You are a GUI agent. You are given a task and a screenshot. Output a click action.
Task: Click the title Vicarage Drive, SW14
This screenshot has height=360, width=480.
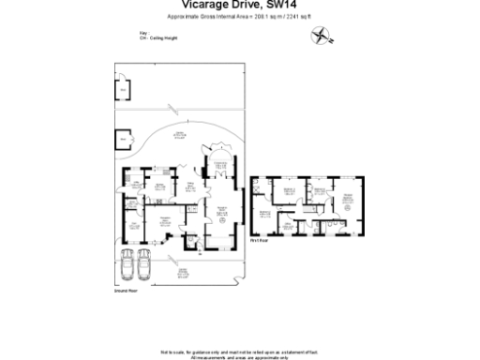pyautogui.click(x=239, y=7)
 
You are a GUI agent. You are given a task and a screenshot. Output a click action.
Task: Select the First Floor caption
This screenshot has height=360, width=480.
pyautogui.click(x=261, y=240)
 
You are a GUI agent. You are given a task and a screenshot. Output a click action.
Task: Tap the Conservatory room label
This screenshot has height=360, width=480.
pyautogui.click(x=222, y=166)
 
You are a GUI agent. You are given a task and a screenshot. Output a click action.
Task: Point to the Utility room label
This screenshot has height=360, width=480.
pyautogui.click(x=135, y=184)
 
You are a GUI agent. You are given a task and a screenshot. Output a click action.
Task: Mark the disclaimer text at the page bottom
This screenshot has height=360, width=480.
pyautogui.click(x=239, y=352)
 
